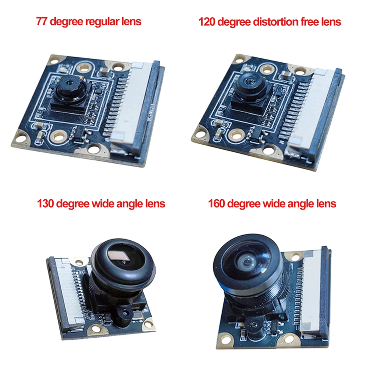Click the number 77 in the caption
pos(41,21)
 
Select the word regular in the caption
pos(101,21)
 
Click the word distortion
pos(270,22)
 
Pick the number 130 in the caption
pos(46,203)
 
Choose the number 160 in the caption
pos(217,203)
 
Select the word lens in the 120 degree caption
pos(331,22)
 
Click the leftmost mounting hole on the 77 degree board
pos(21,138)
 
